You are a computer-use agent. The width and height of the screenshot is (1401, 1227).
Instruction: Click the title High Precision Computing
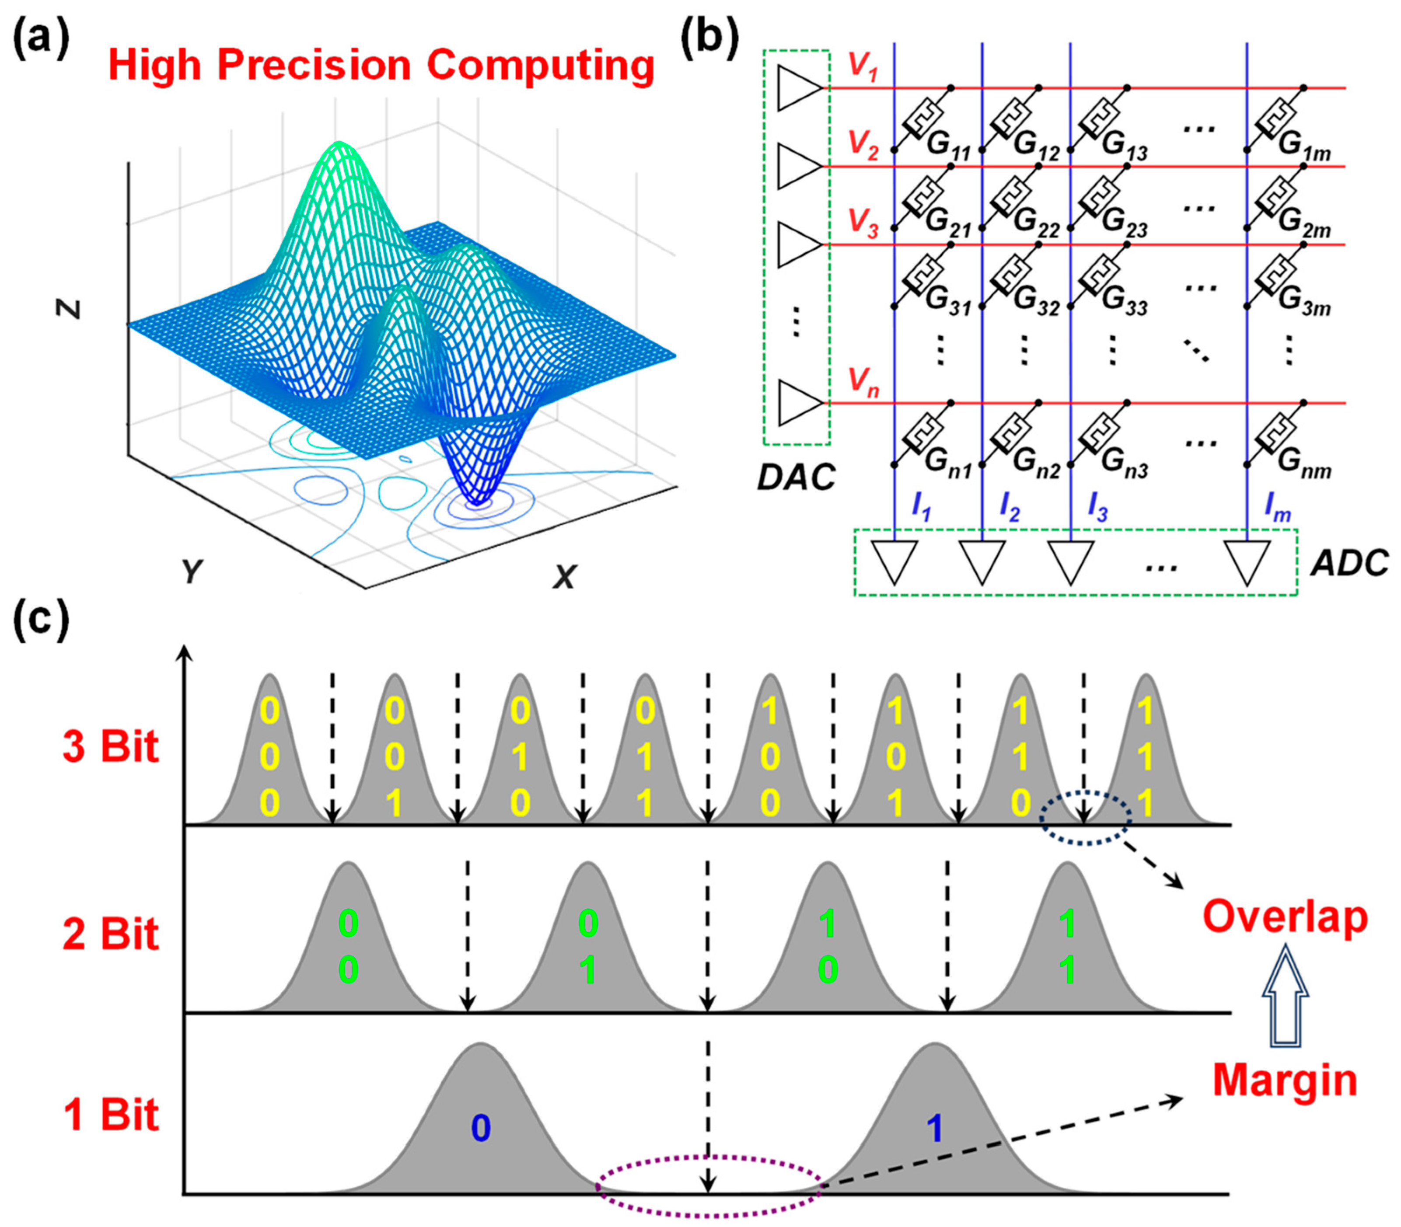pyautogui.click(x=381, y=66)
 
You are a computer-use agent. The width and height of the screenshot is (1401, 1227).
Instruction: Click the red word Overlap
pyautogui.click(x=1285, y=917)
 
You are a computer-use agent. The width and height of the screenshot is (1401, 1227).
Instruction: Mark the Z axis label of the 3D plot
pyautogui.click(x=69, y=310)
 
